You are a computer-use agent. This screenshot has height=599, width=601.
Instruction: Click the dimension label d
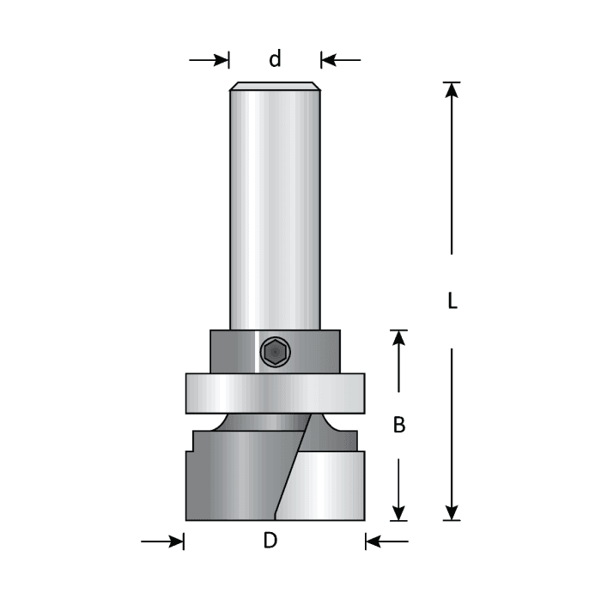click(275, 59)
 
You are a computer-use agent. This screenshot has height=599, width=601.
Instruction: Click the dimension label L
click(452, 301)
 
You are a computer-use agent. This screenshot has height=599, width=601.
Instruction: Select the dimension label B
click(398, 424)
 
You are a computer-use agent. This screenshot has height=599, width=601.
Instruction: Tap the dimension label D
click(271, 541)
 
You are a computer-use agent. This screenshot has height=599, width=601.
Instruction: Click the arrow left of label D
click(163, 542)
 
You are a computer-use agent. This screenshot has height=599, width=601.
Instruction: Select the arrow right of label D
click(386, 542)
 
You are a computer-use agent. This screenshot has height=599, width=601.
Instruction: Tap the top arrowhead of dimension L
click(452, 89)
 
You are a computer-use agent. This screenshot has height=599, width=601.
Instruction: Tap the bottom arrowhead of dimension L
click(452, 512)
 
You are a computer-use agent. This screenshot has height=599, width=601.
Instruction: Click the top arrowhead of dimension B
click(398, 338)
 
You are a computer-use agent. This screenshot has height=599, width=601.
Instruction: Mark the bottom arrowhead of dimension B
click(398, 512)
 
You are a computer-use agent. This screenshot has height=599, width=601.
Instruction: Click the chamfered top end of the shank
click(275, 86)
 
